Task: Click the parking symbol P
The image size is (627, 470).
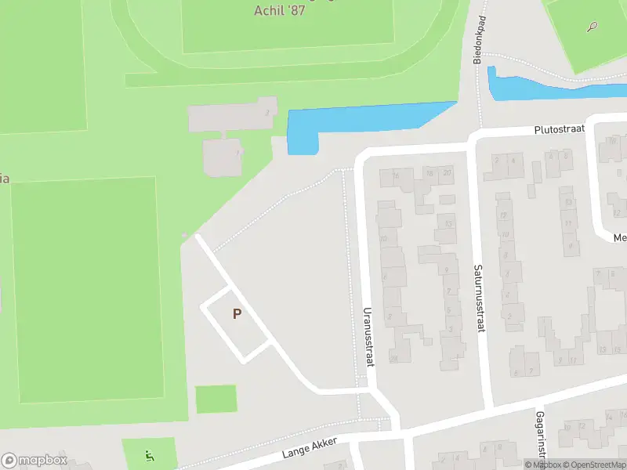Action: coord(236,313)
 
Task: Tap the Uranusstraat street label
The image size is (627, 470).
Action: coord(367,336)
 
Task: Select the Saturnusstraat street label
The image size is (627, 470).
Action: coord(477,298)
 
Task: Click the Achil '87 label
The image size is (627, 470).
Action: coord(278,10)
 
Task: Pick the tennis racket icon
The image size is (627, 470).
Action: coord(592,27)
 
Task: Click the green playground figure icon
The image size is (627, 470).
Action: coord(149,455)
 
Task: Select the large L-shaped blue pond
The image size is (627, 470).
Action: coord(353,124)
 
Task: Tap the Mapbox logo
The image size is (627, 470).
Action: coord(34,461)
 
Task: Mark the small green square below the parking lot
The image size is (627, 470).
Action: coord(216,399)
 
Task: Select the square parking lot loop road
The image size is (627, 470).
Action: coord(235,323)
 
